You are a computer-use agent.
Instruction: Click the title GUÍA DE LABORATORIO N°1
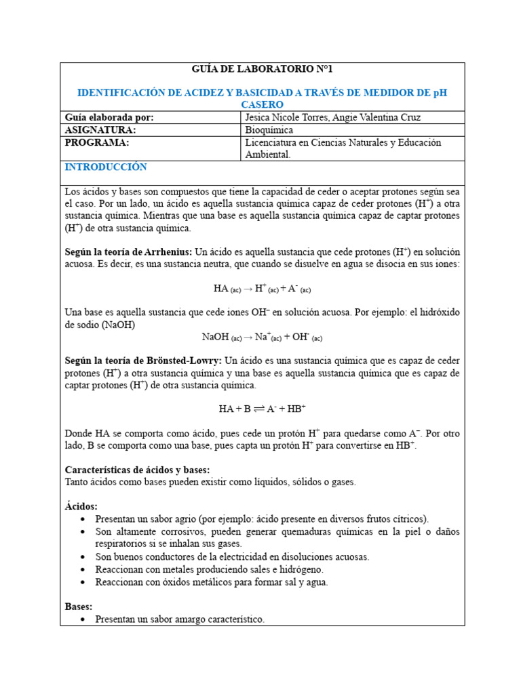point(263,69)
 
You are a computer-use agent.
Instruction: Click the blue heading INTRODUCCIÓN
point(105,167)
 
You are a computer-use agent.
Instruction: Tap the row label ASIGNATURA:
point(100,130)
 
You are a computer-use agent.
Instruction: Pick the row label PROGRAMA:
point(96,143)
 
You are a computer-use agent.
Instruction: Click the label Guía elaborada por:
point(109,118)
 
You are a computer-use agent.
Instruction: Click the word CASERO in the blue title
point(263,104)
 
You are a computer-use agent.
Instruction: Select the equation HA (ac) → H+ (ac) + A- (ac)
point(262,289)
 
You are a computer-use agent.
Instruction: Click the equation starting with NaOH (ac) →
point(262,337)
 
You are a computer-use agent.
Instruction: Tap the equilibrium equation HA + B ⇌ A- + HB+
point(262,409)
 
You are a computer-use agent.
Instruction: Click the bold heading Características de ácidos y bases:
point(137,470)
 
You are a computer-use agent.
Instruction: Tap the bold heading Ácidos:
point(81,506)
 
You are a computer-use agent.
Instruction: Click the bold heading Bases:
point(79,607)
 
